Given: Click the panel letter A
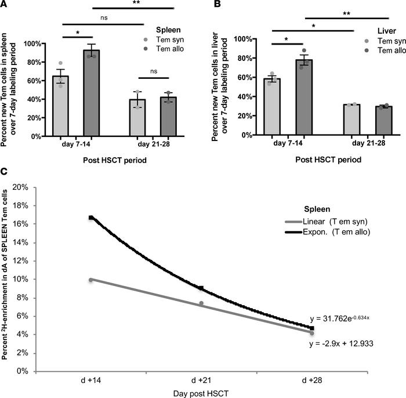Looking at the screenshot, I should pyautogui.click(x=5, y=5).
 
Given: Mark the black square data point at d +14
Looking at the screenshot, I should pyautogui.click(x=91, y=218).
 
